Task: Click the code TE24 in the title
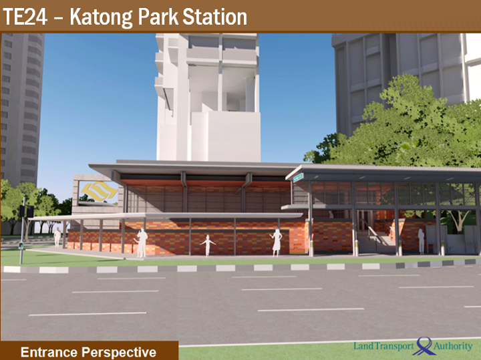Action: pos(25,17)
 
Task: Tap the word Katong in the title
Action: pos(101,18)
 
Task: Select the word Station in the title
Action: pos(214,17)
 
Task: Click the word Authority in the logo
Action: pos(453,347)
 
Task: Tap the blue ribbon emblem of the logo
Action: pos(425,345)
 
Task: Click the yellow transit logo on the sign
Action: pos(99,190)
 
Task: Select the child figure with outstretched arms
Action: pos(208,245)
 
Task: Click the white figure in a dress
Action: pos(277,242)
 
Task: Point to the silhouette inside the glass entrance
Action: pos(421,241)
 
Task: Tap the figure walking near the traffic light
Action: pos(57,237)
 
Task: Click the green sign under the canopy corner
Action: pos(298,178)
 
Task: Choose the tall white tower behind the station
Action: pos(208,98)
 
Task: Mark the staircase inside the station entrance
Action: pos(378,236)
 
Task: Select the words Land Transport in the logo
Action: pos(383,346)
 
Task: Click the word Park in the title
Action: pos(158,17)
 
